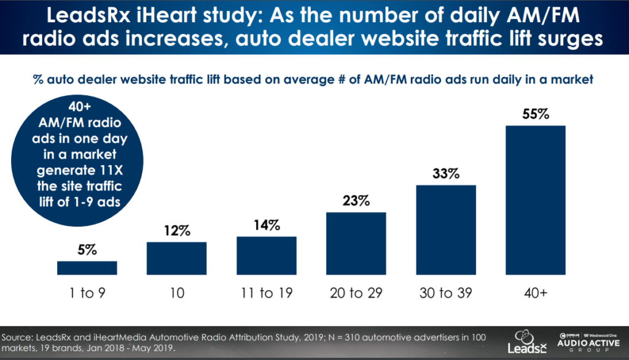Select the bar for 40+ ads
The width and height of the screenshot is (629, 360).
point(535,200)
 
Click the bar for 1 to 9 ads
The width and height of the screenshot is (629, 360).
point(87,267)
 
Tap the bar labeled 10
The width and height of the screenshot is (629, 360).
point(176,258)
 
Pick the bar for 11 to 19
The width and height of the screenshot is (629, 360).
point(266,255)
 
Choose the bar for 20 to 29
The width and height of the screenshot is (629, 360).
point(356,243)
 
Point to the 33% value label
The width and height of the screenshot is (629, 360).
point(445,174)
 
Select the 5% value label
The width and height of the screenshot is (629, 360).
point(87,250)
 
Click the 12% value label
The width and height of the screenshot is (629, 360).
point(176,231)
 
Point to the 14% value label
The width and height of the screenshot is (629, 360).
point(266,225)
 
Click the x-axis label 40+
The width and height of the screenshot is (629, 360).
point(535,293)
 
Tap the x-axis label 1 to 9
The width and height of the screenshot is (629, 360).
point(87,293)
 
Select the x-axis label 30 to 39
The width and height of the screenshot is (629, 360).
point(445,293)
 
